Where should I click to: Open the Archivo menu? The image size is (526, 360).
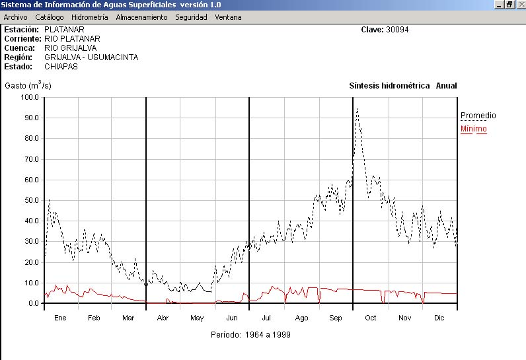coord(16,17)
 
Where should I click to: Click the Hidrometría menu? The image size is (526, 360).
coord(90,17)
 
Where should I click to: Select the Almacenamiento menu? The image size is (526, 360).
coord(142,17)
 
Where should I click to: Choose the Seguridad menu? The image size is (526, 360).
coord(191,17)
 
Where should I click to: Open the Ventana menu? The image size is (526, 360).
coord(228,17)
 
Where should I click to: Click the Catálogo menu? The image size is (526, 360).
coord(50,17)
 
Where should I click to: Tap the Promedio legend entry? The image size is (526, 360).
coord(478,116)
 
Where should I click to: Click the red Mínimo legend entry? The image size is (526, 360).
coord(473,129)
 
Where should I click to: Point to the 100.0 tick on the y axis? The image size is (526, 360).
coord(30,97)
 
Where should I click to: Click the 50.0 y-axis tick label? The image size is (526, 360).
coord(30,200)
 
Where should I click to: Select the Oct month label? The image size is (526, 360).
coord(371,318)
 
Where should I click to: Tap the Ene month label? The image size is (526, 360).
coord(60,318)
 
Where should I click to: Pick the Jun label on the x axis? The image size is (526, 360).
coord(232,318)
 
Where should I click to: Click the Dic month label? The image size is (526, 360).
coord(439,318)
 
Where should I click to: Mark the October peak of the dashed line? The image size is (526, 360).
coord(357,109)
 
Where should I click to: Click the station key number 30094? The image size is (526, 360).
coord(398,30)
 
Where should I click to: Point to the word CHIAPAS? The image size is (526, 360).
coord(61,67)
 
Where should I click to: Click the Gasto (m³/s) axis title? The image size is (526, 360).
coord(28,86)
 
